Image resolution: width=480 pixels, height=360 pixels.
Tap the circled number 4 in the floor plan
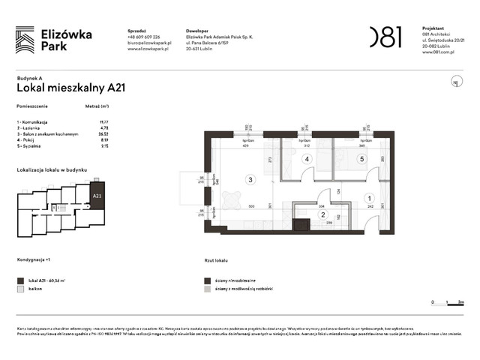(306, 159)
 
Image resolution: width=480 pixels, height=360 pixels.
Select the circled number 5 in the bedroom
(361, 159)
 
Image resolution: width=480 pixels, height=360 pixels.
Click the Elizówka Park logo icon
(25, 38)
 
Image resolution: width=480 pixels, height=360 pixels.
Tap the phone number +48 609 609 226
(148, 38)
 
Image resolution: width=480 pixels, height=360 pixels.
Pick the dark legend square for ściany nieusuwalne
(207, 279)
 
